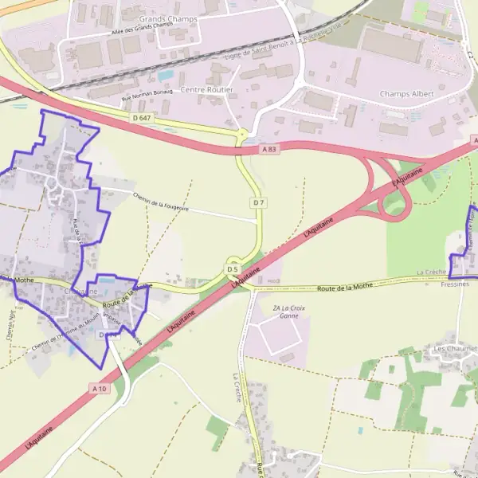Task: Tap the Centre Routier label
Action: click(207, 90)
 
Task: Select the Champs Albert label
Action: click(408, 94)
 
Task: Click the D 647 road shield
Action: click(141, 118)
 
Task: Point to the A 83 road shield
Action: click(271, 149)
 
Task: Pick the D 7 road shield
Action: click(258, 203)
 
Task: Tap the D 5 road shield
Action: click(233, 269)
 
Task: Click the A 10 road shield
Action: click(99, 388)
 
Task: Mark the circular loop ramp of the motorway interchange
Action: click(395, 204)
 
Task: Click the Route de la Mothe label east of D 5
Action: click(345, 287)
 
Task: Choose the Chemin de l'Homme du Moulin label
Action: click(64, 332)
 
